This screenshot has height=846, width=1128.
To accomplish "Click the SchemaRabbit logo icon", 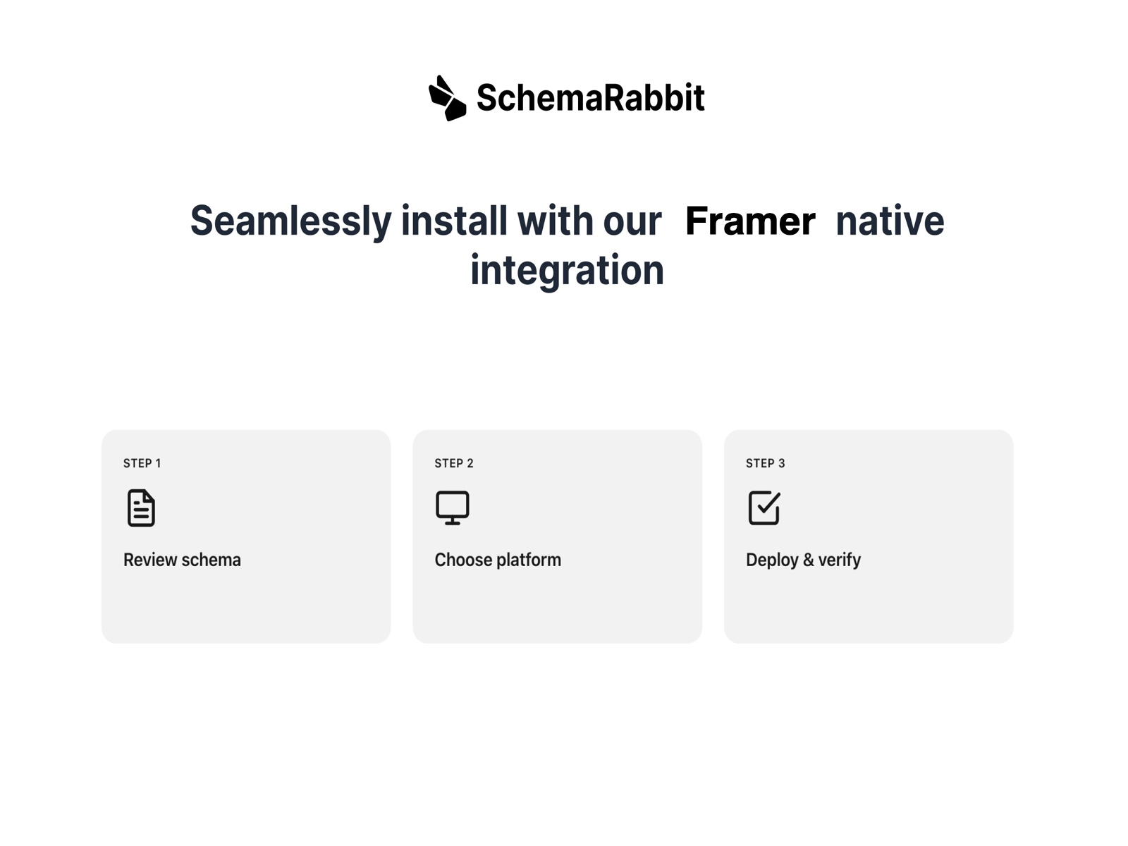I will (x=447, y=98).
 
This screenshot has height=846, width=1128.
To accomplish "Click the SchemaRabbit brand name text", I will (x=590, y=98).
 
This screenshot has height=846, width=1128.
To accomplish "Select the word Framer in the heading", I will (x=749, y=221).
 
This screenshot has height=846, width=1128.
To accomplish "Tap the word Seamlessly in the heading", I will (x=290, y=221).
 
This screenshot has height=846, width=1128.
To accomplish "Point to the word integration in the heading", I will (x=567, y=271).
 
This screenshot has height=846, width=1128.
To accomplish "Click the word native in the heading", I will (x=889, y=221).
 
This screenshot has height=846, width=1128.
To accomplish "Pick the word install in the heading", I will (x=454, y=221).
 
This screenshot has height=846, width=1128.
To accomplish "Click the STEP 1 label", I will (x=142, y=463).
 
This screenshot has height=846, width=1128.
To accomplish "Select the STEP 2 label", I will (x=453, y=463).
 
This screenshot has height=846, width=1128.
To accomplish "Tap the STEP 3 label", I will (x=765, y=463).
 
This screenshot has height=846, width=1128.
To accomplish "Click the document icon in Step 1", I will (x=141, y=508).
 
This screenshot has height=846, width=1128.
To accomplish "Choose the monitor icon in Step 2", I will (x=452, y=508).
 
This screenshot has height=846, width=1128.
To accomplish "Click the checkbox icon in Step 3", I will (x=764, y=508).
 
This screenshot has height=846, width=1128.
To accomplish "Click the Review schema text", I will (x=182, y=560).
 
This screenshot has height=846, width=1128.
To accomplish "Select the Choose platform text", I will (x=498, y=560).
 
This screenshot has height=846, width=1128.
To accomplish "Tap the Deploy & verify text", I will (x=803, y=560).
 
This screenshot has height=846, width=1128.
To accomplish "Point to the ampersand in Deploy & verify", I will (x=808, y=560).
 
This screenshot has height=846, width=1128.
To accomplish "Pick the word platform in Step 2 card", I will (x=528, y=560).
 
